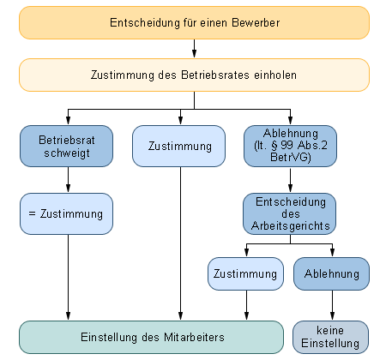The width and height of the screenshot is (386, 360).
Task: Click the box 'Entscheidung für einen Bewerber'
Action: pos(194,23)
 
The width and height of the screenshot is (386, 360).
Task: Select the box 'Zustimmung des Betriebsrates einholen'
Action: pos(194,75)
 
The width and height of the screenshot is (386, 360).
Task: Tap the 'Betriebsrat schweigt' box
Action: pos(66,146)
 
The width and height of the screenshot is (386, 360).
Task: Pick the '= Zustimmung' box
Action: pos(66,213)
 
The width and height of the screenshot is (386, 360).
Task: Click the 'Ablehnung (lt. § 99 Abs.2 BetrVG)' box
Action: pos(290,146)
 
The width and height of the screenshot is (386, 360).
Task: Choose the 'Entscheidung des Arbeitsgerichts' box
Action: pos(289,213)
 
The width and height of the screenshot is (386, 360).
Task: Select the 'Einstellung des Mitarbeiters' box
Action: pos(151,337)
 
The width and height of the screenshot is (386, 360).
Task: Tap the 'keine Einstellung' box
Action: pos(330,337)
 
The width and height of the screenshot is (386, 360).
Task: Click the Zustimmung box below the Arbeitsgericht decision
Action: pos(245,273)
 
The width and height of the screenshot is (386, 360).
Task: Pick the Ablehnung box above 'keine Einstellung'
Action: pos(331,273)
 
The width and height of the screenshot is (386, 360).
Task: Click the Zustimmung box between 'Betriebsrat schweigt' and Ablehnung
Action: pos(178,146)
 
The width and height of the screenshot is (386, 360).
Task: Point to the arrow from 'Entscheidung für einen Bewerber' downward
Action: pos(194,49)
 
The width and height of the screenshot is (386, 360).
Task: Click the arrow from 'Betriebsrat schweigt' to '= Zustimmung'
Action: pos(68,180)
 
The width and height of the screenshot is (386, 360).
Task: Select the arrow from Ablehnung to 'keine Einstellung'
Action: pos(332,305)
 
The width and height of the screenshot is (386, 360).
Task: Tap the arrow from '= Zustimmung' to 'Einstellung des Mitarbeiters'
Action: pos(68,278)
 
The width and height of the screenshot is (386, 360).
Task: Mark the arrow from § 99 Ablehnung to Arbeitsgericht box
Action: pos(290,180)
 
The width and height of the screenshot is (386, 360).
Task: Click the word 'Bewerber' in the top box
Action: pos(256,23)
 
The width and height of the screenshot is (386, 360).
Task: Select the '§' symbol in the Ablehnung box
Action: pos(274,146)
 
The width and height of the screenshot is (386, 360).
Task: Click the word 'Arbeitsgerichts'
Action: pos(291,226)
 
